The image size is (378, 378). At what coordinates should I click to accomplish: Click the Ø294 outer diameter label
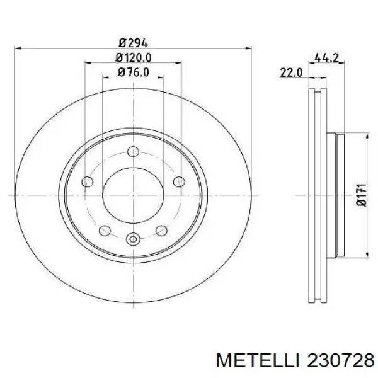coord(133,43)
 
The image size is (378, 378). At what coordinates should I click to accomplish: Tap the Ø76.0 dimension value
coord(133,72)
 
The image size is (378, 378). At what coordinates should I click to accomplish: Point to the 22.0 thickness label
coord(291,73)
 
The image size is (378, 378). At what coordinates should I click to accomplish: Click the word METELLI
coord(250,360)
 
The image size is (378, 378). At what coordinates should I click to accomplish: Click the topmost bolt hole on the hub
coord(133,151)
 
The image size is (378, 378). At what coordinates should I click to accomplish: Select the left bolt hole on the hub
coord(88,182)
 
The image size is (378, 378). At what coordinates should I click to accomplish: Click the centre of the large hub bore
coord(133,195)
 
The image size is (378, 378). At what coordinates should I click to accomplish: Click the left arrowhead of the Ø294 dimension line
coord(18,49)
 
